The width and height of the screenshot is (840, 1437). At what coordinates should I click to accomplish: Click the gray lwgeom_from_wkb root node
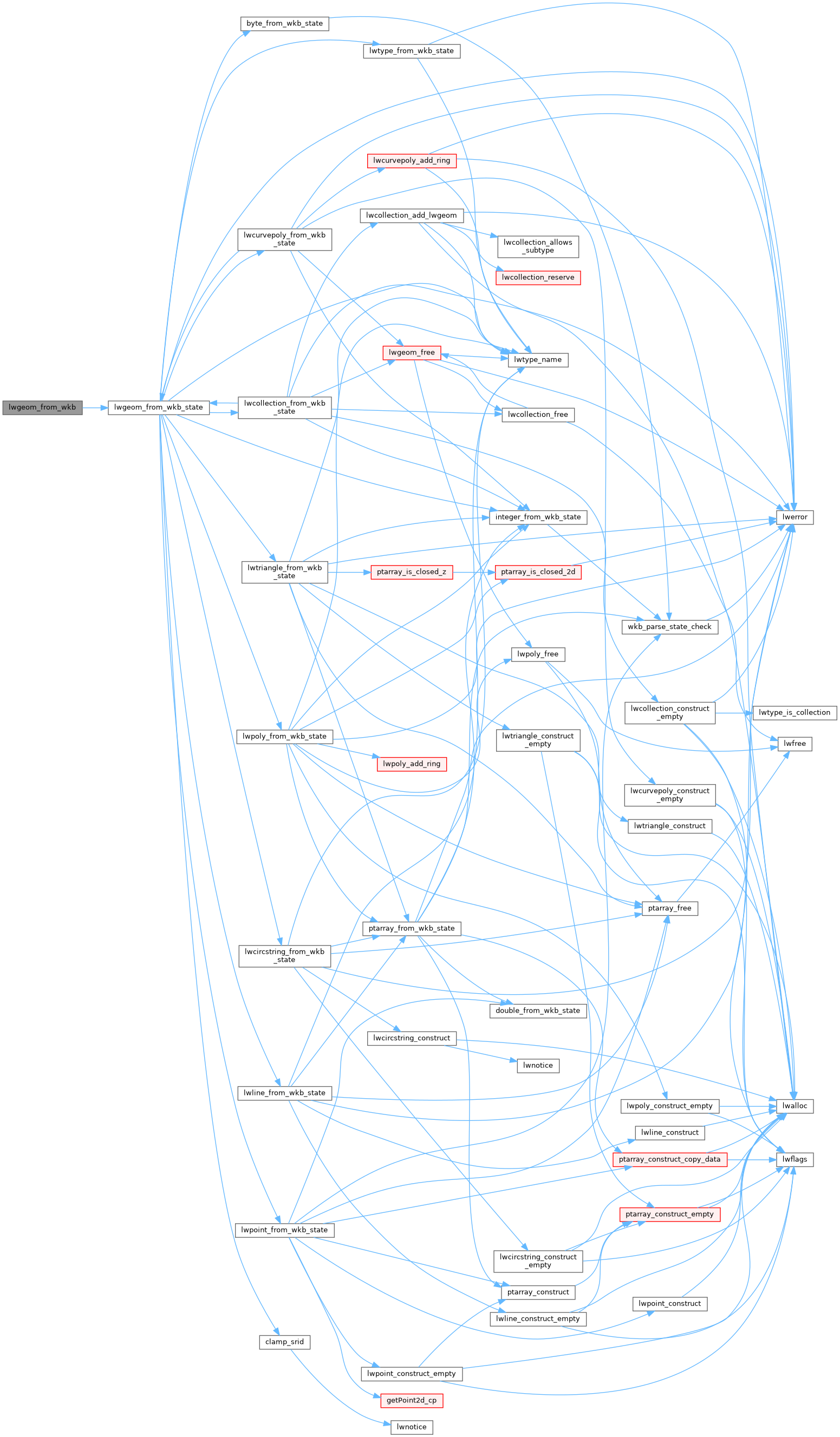[x=42, y=408]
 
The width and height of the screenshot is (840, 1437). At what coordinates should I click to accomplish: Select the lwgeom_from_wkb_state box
[x=159, y=408]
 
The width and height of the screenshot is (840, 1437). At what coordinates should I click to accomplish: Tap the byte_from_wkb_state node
[x=284, y=24]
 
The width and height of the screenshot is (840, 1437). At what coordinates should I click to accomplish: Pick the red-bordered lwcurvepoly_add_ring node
[x=412, y=161]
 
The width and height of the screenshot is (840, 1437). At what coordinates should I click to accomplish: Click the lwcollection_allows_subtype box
[x=538, y=246]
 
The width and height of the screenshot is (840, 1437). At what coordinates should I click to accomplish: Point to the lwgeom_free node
[x=412, y=353]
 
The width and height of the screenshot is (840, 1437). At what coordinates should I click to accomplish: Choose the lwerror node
[x=795, y=517]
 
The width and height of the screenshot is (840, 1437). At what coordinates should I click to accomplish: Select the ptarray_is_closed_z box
[x=412, y=572]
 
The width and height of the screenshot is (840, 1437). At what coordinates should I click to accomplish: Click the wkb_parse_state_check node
[x=669, y=627]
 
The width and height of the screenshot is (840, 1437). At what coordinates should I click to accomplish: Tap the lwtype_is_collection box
[x=795, y=713]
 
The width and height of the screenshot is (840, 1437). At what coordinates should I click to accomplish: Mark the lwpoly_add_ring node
[x=412, y=764]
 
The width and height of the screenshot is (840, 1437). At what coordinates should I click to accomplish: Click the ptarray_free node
[x=669, y=908]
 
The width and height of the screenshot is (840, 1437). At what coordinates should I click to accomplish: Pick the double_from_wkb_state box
[x=538, y=1011]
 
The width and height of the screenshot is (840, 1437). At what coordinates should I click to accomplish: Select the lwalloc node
[x=795, y=1106]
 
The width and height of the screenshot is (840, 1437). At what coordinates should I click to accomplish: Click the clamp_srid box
[x=284, y=1342]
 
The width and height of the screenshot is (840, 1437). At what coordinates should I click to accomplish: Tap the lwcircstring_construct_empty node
[x=538, y=1261]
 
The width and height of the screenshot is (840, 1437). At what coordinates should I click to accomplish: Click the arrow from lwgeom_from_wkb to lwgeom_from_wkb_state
[x=95, y=408]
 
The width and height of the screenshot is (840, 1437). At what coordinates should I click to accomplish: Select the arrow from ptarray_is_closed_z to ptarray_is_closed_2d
[x=474, y=572]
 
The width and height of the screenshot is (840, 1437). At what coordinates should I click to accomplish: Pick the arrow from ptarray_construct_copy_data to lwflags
[x=752, y=1160]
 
